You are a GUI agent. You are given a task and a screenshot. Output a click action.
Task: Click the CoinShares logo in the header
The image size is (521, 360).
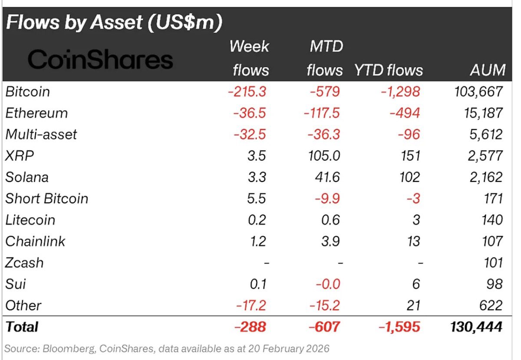[x=100, y=60]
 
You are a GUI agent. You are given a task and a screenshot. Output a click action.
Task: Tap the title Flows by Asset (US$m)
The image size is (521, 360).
[x=114, y=23]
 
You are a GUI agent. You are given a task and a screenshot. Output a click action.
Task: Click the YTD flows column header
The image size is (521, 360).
[x=388, y=70]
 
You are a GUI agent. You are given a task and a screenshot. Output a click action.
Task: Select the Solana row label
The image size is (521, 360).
[x=27, y=177]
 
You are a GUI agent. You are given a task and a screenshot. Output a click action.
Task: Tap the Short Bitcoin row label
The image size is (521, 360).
[x=47, y=198]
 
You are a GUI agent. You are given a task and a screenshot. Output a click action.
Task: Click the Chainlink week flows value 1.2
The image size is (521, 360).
[x=258, y=241]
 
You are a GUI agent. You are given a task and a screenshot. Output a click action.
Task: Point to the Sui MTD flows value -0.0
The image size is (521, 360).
[x=326, y=284]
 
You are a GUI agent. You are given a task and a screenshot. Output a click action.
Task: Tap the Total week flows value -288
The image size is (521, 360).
[x=250, y=327]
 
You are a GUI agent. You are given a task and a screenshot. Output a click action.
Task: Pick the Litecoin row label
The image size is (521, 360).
[x=30, y=220]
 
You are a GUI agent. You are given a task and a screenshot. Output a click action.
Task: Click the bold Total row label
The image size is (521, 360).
[x=22, y=327]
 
